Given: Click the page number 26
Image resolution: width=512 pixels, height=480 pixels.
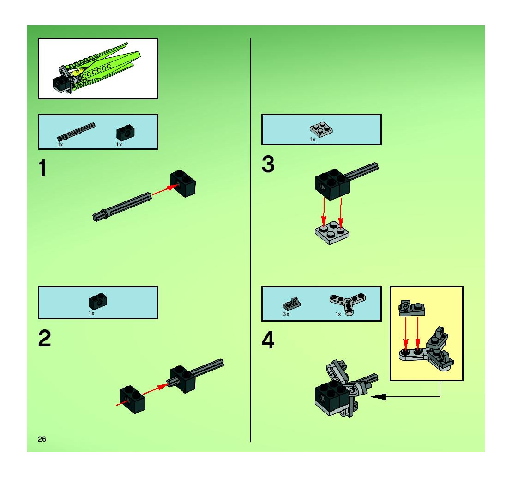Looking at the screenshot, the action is (x=42, y=439).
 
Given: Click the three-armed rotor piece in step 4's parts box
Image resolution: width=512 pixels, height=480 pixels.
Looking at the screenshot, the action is (x=347, y=304).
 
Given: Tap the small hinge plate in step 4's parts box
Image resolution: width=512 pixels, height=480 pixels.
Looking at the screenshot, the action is (x=292, y=304).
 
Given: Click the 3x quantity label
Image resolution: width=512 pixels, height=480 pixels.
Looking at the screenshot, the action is (x=286, y=314).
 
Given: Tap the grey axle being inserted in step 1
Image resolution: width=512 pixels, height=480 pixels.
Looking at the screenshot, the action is (x=122, y=207).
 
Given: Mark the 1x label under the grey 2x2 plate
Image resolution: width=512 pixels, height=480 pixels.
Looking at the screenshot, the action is (x=312, y=139).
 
